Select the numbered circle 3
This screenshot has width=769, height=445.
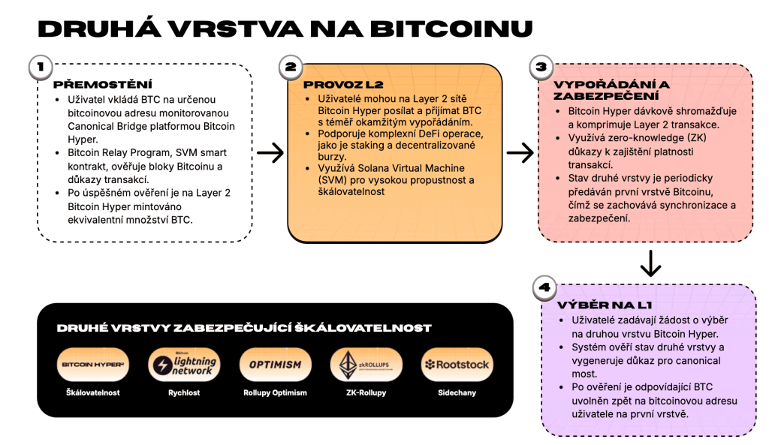[540, 67]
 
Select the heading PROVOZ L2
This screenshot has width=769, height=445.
[333, 84]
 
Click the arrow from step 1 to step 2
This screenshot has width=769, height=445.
[270, 153]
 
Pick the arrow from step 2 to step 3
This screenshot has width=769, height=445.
[520, 153]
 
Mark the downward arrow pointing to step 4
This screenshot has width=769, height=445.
[650, 262]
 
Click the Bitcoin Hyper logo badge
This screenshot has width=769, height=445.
[94, 365]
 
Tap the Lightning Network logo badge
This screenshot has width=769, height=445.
[185, 365]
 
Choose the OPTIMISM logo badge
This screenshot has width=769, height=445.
[275, 365]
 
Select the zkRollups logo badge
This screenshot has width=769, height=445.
[366, 365]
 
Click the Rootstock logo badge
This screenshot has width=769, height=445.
[457, 365]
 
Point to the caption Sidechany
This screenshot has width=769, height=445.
[457, 392]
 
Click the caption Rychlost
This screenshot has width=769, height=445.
[185, 392]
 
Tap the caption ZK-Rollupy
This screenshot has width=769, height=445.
[366, 392]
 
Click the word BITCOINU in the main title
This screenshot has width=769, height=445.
[452, 29]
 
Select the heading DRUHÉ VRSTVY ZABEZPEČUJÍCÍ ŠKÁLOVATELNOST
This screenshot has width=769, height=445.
[244, 328]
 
